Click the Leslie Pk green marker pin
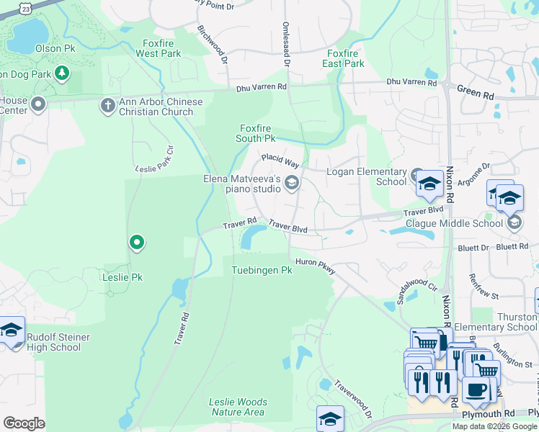pyautogui.click(x=135, y=243)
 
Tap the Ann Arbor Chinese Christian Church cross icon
pyautogui.click(x=107, y=106)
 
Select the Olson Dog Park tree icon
pyautogui.click(x=63, y=73)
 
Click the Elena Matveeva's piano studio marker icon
pyautogui.click(x=292, y=184)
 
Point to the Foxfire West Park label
pyautogui.click(x=158, y=48)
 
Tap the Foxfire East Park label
pyautogui.click(x=344, y=58)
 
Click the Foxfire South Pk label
pyautogui.click(x=257, y=133)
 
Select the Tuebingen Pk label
pyautogui.click(x=261, y=271)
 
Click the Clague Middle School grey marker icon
pyautogui.click(x=514, y=223)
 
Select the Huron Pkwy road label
pyautogui.click(x=313, y=266)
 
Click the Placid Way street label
pyautogui.click(x=280, y=160)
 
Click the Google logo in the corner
pyautogui.click(x=24, y=423)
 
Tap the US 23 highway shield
pyautogui.click(x=26, y=6)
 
